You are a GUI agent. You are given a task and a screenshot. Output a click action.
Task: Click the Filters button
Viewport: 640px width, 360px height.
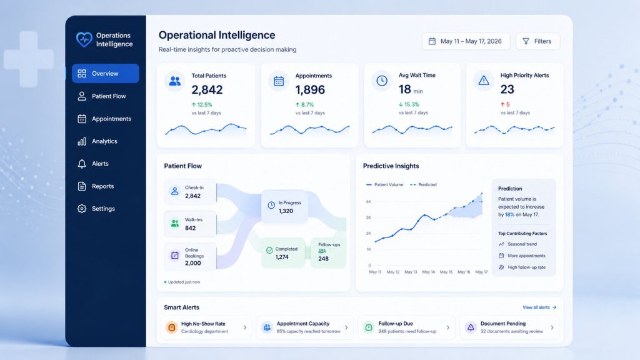click(x=537, y=41)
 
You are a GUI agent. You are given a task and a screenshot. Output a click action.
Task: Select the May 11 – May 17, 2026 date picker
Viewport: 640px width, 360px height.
click(x=466, y=41)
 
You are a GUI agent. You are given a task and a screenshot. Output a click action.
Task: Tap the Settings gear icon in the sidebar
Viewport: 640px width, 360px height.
click(x=82, y=209)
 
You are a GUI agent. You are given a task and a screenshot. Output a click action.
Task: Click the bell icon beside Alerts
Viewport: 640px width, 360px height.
click(x=82, y=164)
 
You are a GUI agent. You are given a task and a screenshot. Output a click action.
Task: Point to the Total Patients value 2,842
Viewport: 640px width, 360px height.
click(x=207, y=89)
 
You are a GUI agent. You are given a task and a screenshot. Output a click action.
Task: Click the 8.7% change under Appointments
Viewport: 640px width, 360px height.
click(x=307, y=104)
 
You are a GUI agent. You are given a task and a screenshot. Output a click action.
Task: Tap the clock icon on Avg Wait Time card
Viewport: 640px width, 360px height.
click(x=382, y=81)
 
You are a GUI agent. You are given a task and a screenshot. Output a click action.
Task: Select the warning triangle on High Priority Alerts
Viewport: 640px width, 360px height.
click(x=484, y=81)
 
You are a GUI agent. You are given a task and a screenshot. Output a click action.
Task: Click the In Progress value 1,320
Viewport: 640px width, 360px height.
click(x=286, y=211)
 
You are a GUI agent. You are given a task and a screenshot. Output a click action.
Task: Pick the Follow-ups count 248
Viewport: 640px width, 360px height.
click(x=323, y=258)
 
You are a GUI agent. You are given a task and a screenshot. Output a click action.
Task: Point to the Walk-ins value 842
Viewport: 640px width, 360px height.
click(x=190, y=228)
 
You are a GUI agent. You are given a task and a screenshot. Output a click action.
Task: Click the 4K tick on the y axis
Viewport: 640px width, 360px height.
click(x=369, y=202)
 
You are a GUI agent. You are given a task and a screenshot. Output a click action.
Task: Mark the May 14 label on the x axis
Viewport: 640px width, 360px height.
click(x=429, y=272)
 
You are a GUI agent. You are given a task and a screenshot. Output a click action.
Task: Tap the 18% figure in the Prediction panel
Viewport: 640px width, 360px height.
click(x=509, y=215)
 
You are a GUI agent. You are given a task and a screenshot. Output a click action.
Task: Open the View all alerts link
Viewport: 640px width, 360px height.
click(x=539, y=307)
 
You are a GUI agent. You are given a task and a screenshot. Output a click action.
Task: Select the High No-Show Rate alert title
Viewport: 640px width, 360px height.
click(x=203, y=324)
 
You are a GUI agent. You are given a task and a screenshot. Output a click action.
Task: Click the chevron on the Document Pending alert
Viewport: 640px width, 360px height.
click(x=552, y=327)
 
